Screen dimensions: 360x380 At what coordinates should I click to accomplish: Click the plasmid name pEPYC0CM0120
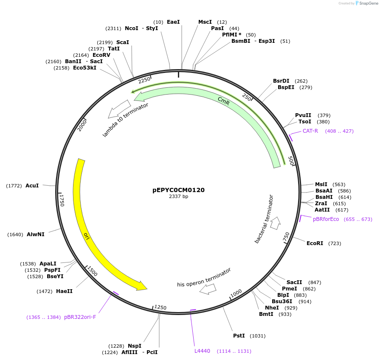178,190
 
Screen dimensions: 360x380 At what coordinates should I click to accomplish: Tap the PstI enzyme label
239,336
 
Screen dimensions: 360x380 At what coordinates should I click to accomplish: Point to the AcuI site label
32,186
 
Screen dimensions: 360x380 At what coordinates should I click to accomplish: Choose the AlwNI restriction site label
36,234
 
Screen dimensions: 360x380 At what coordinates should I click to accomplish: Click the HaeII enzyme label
64,291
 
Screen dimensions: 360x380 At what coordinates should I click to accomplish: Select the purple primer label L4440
202,351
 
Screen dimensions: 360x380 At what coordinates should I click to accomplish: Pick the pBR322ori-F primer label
80,317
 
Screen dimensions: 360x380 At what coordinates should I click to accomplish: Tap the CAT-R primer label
310,131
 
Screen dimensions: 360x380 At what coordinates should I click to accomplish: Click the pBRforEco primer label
326,219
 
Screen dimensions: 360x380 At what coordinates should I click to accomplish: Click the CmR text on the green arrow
223,100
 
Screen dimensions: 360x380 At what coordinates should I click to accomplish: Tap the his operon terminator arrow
208,289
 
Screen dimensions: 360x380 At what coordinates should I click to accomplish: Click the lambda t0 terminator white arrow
119,109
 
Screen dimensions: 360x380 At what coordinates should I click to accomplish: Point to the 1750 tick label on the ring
62,200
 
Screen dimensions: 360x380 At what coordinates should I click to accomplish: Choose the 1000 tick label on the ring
236,293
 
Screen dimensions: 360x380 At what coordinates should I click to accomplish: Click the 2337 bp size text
178,197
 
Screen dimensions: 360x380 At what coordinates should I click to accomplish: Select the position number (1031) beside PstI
257,336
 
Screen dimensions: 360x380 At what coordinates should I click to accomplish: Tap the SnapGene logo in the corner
364,3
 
